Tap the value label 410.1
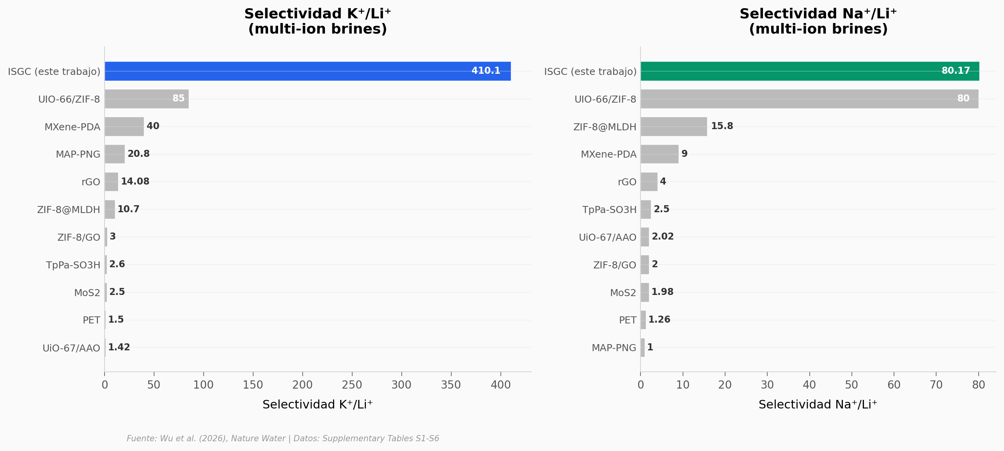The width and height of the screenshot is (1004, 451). [x=486, y=71]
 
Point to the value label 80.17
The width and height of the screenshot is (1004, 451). [x=955, y=71]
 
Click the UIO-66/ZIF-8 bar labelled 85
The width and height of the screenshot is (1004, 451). [x=146, y=99]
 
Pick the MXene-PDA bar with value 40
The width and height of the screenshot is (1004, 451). [x=124, y=127]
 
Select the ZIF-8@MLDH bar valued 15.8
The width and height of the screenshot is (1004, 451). [x=674, y=127]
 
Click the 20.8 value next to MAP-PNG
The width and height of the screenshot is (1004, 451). [x=138, y=154]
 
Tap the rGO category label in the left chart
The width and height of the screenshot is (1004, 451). [x=90, y=182]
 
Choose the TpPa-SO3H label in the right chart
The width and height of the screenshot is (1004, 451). [x=609, y=210]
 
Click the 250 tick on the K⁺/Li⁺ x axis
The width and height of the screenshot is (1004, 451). [x=352, y=385]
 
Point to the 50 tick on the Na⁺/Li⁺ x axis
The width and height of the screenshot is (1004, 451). [x=851, y=385]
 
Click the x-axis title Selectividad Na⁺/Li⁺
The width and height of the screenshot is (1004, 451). [x=818, y=405]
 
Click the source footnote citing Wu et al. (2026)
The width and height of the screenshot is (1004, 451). [x=283, y=439]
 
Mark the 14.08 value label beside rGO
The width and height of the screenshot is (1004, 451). [x=135, y=181]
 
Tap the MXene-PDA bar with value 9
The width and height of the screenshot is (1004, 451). [x=659, y=154]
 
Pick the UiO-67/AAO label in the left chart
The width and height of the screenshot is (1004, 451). [x=71, y=348]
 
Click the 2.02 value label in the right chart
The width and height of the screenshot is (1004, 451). [x=662, y=236]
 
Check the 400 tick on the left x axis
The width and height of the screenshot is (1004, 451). [x=500, y=385]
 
